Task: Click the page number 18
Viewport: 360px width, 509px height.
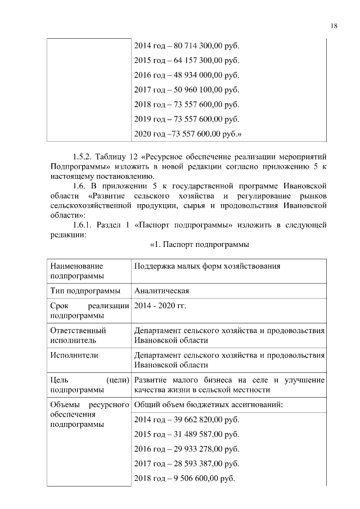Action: coord(334,25)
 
